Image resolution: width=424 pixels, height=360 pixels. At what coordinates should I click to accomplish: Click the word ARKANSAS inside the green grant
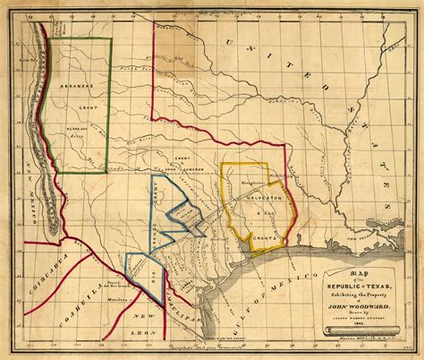click(78, 114)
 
